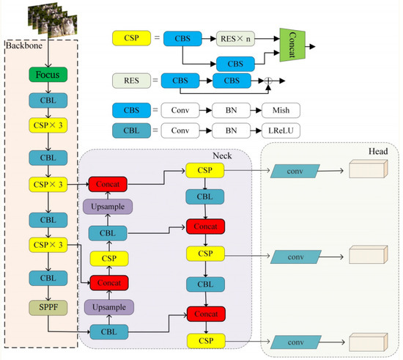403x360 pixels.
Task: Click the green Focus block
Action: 48,75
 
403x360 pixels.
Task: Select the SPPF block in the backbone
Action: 48,304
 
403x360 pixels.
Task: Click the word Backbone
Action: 24,47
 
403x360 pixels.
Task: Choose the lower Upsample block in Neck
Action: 108,306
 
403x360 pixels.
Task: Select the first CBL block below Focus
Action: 48,100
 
